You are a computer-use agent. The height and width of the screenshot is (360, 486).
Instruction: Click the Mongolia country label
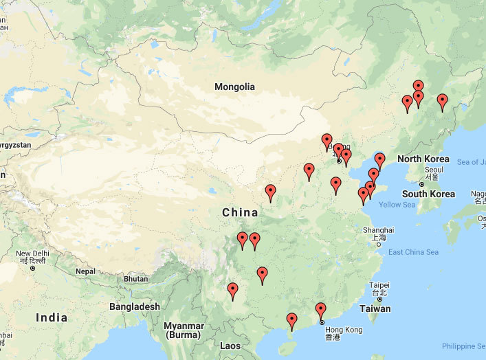(x=234, y=87)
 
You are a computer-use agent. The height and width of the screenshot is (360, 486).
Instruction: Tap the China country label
(x=240, y=213)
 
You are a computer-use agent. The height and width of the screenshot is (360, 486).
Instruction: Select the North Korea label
(x=423, y=159)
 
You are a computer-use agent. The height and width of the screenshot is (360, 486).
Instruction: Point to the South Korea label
(x=428, y=194)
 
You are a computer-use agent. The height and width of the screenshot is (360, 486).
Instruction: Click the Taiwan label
(x=375, y=309)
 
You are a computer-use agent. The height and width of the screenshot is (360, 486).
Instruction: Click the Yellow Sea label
(x=397, y=205)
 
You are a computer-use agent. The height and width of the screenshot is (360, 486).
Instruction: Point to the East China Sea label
(x=413, y=252)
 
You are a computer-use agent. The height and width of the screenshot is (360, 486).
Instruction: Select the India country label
(x=52, y=317)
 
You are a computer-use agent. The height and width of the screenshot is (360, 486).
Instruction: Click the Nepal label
(x=85, y=271)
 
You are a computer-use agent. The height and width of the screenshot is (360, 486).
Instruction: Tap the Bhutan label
(x=135, y=279)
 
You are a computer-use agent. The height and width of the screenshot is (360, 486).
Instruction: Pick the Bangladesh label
(x=134, y=306)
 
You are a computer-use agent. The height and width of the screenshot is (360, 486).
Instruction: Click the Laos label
(x=230, y=346)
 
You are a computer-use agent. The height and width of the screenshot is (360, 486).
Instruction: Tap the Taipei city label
(x=379, y=285)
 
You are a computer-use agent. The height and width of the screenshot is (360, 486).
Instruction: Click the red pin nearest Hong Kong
(x=320, y=310)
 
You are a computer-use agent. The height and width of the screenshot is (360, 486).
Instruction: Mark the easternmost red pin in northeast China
(x=442, y=102)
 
